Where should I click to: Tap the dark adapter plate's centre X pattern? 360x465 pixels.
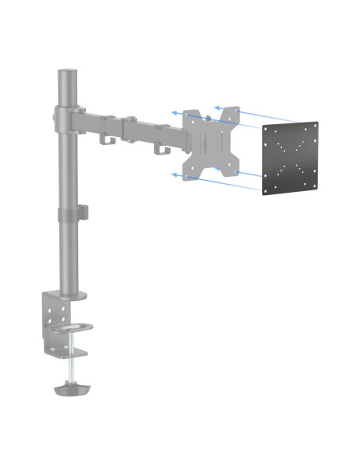coord(290,156)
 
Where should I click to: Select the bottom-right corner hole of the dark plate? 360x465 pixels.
coord(311,185)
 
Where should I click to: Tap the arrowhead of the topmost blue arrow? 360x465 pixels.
coord(216,104)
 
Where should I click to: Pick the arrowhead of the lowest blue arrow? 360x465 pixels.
coord(172,173)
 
